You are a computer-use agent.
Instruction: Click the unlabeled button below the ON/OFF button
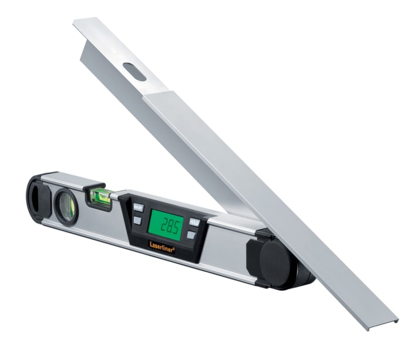(137, 221)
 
